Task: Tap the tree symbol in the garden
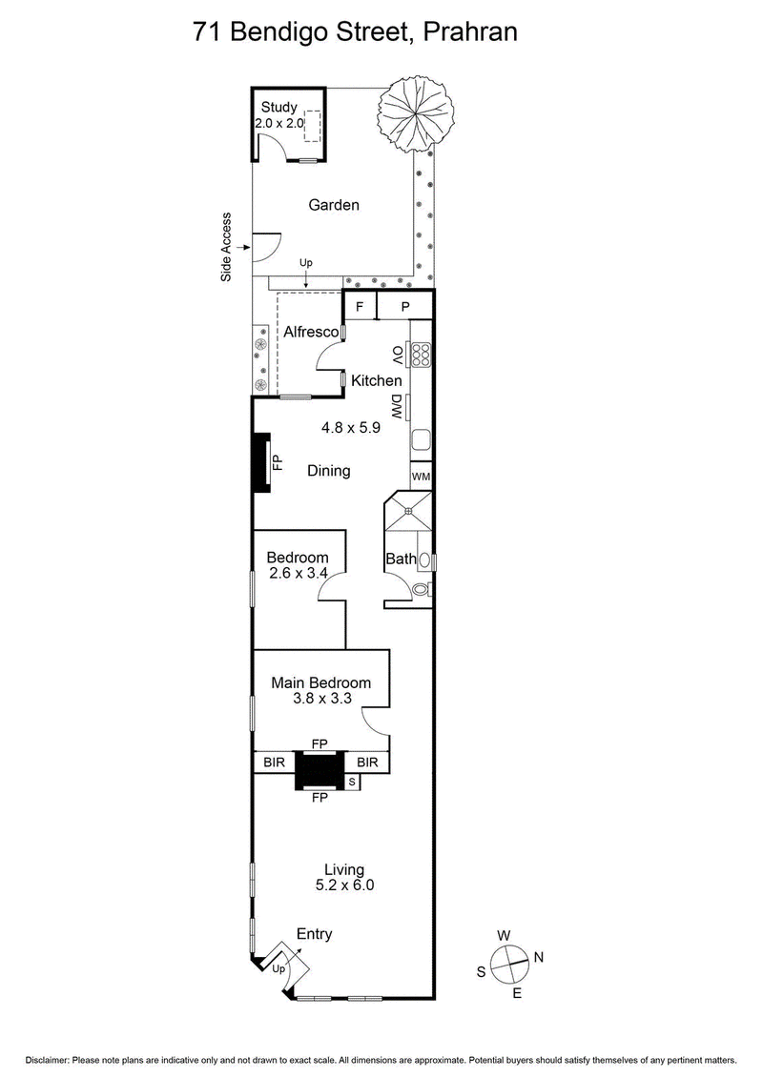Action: coord(412,112)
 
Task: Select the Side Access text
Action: coord(227,247)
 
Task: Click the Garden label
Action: coord(333,205)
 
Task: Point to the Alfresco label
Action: coord(311,332)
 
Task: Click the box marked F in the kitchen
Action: coord(360,307)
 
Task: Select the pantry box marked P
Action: coord(404,307)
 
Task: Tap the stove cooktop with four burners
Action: coord(421,355)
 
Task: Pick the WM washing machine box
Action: coord(421,476)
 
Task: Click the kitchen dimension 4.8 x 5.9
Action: coord(350,428)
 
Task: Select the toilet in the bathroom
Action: coord(421,590)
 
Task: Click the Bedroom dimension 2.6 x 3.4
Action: coord(297,574)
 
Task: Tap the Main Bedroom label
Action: coord(320,682)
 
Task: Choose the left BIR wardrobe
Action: coord(273,762)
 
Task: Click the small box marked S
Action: coord(352,782)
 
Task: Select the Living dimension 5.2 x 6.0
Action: coord(344,885)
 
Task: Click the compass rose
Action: coord(511,961)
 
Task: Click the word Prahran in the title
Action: coord(469,31)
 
